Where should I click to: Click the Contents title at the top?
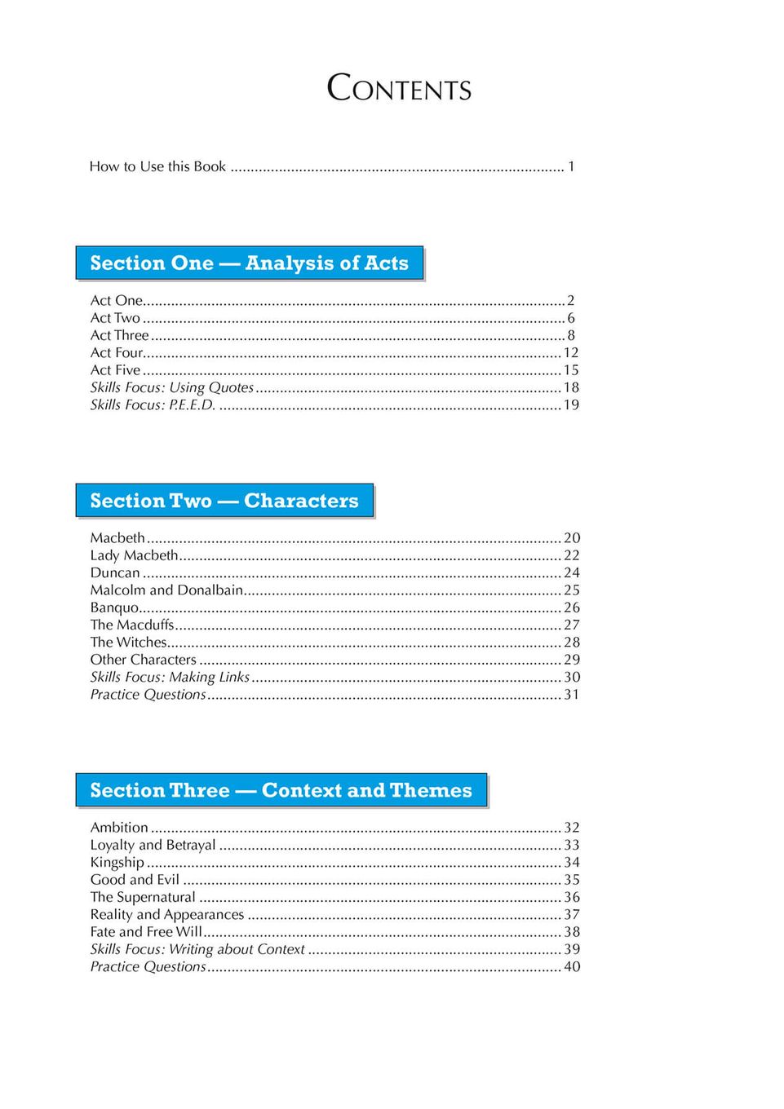pos(399,88)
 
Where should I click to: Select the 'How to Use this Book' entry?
pos(157,166)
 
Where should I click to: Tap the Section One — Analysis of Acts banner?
pos(250,263)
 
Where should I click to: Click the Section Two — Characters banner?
pos(224,501)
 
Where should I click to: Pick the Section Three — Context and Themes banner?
pos(281,790)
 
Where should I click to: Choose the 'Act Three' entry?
pos(120,335)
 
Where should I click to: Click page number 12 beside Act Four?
pos(571,352)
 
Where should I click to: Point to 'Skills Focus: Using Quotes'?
pos(172,387)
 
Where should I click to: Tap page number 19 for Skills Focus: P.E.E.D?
pos(571,404)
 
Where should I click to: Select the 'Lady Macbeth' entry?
pos(134,555)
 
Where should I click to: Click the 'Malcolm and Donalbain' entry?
pos(166,590)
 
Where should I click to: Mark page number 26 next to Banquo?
pos(572,608)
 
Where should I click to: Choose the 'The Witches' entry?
pos(128,642)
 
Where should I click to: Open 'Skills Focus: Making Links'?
pos(170,677)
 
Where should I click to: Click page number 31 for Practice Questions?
pos(572,695)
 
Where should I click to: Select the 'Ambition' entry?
pos(119,828)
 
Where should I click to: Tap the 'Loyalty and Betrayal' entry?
pos(153,845)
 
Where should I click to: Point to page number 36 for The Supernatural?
pos(572,897)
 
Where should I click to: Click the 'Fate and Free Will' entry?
pos(146,931)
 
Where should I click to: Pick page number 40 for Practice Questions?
pos(572,966)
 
